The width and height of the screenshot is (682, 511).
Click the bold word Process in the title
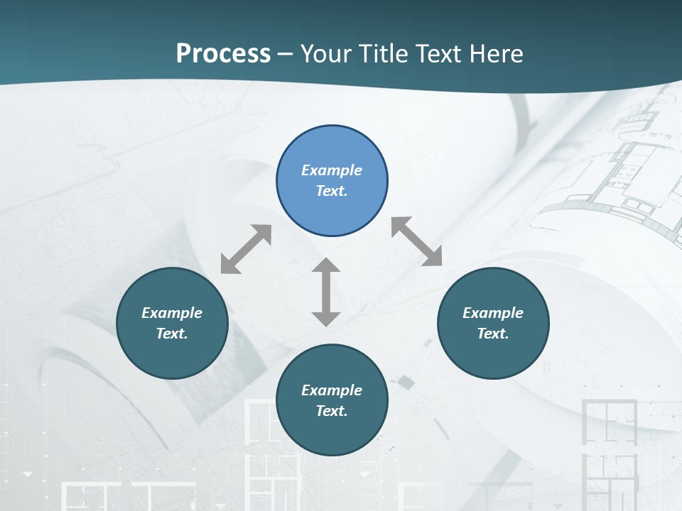pyautogui.click(x=223, y=54)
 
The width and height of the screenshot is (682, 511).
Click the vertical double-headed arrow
pyautogui.click(x=326, y=292)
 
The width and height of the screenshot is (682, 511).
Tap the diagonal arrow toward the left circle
pyautogui.click(x=246, y=249)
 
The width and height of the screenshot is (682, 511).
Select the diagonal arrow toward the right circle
pyautogui.click(x=416, y=241)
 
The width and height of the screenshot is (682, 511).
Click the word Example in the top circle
pyautogui.click(x=332, y=170)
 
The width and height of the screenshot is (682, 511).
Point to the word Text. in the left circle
pyautogui.click(x=172, y=334)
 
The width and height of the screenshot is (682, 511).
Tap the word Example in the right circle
pyautogui.click(x=493, y=313)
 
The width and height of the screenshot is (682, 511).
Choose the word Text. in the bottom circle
pyautogui.click(x=332, y=411)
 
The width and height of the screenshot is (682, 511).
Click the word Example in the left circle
pyautogui.click(x=172, y=313)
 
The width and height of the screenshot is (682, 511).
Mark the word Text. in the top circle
pyautogui.click(x=332, y=191)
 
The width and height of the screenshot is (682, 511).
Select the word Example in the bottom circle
pyautogui.click(x=332, y=390)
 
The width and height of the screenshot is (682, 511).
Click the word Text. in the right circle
pyautogui.click(x=493, y=334)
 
